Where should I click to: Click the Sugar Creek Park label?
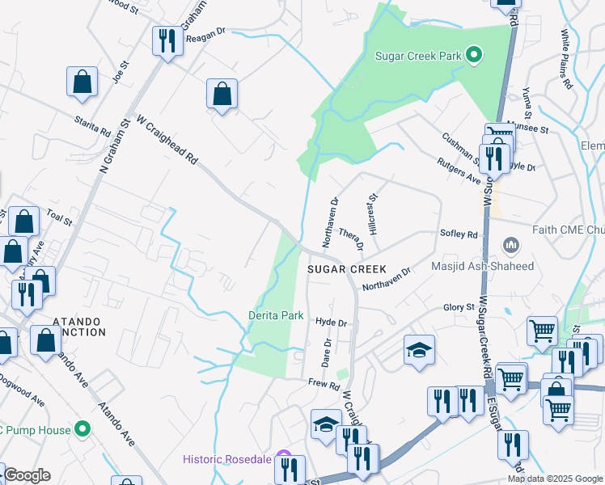[x=418, y=56]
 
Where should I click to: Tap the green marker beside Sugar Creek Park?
[x=475, y=56]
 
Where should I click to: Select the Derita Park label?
[x=275, y=314]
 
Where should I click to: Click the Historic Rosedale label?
[x=230, y=459]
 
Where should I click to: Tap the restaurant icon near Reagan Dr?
[x=167, y=40]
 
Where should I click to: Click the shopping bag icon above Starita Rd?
[x=82, y=81]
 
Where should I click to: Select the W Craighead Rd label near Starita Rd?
[x=167, y=140]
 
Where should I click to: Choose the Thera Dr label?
[x=352, y=238]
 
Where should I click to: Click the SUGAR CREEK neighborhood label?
[x=347, y=268]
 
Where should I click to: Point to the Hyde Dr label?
[x=331, y=323]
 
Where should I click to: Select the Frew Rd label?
[x=324, y=384]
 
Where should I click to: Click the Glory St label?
[x=459, y=308]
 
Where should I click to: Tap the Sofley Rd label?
[x=459, y=234]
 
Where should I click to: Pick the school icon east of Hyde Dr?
[x=418, y=350]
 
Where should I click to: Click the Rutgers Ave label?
[x=458, y=171]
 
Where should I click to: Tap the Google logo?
[x=27, y=475]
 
